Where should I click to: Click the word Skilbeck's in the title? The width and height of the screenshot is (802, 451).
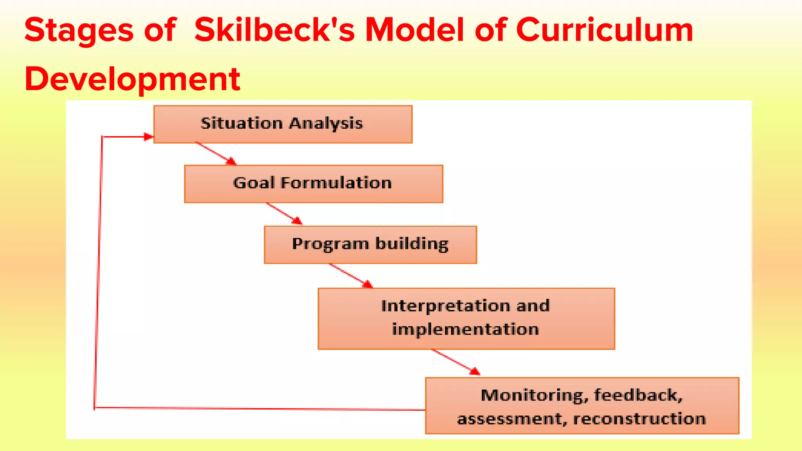click(274, 31)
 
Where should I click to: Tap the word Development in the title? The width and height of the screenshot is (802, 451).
click(132, 79)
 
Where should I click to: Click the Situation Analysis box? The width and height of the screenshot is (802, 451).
click(283, 124)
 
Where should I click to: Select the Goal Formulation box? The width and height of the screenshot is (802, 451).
click(313, 184)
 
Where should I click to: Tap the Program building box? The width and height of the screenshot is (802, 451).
click(370, 244)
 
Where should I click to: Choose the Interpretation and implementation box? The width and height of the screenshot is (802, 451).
click(466, 318)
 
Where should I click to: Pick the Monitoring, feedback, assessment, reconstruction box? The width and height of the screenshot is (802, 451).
click(582, 406)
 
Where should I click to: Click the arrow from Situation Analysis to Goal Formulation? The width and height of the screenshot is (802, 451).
click(215, 153)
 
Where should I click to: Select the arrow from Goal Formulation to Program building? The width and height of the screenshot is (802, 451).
click(284, 214)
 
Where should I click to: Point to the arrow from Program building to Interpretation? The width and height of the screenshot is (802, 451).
click(350, 276)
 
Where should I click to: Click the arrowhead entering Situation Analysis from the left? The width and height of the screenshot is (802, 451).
click(148, 137)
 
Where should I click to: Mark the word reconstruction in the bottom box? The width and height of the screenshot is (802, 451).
click(639, 419)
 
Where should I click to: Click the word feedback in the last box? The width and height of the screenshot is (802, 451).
click(638, 395)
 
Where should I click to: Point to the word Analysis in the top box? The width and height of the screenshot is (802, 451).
click(326, 123)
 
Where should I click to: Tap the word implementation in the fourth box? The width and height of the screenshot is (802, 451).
click(466, 330)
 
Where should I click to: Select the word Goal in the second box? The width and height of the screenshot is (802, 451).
click(253, 183)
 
